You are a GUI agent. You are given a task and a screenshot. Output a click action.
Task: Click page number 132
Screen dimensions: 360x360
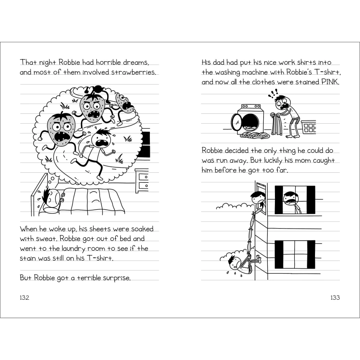pyautogui.click(x=25, y=297)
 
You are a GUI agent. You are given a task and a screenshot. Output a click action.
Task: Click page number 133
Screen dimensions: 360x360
pyautogui.click(x=335, y=297)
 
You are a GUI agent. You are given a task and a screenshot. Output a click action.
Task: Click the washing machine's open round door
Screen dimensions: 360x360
pyautogui.click(x=235, y=122)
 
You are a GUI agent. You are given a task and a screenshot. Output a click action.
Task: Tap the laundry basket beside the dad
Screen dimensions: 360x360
pyautogui.click(x=309, y=127)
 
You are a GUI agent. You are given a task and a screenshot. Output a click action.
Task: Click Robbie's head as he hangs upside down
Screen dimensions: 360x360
pyautogui.click(x=235, y=263)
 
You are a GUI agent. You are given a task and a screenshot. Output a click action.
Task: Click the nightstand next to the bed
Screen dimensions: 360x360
pyautogui.click(x=142, y=181)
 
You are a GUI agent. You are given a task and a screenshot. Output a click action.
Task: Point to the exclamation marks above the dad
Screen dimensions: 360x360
pyautogui.click(x=273, y=93)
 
